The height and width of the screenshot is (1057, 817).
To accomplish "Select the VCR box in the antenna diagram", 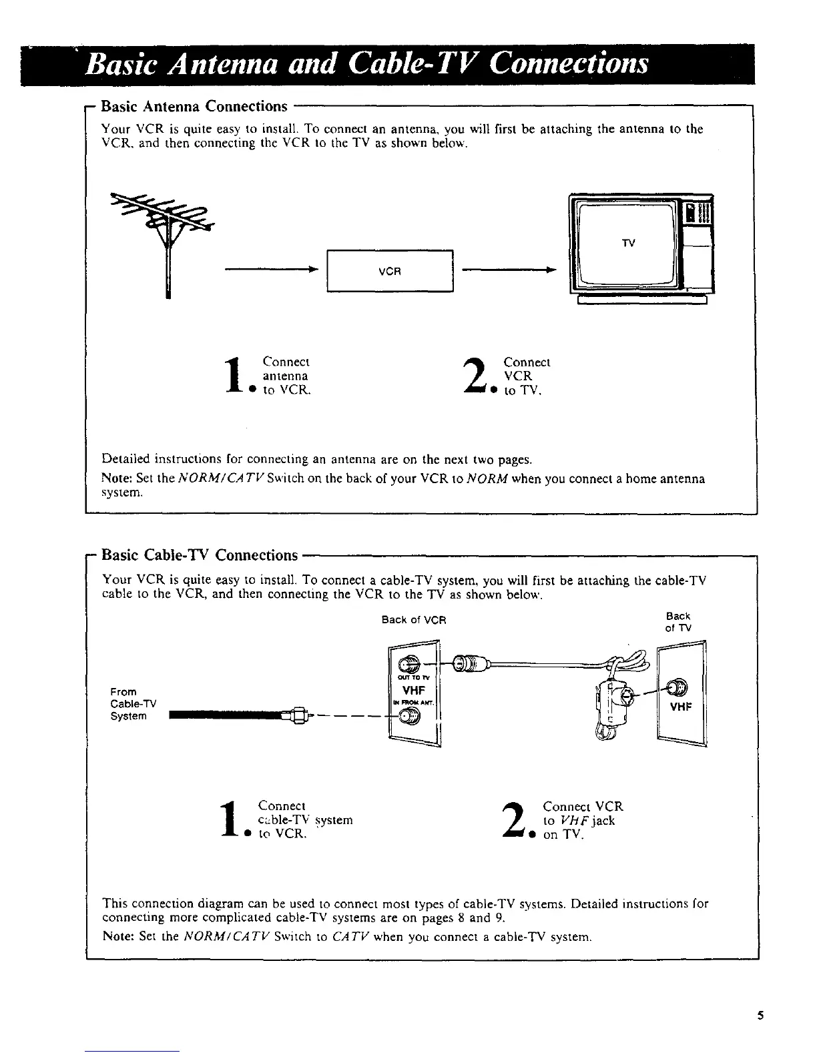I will [x=390, y=270].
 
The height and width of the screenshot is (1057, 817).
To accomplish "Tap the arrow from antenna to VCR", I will [x=270, y=270].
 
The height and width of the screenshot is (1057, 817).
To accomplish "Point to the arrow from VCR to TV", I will [x=509, y=270].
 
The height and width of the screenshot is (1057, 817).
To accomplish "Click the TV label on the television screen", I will [x=628, y=243].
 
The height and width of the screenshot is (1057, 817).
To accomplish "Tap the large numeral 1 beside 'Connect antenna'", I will [x=233, y=377].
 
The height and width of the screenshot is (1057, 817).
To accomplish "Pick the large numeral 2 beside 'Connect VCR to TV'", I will [x=474, y=377].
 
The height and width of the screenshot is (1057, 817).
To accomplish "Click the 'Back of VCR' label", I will [x=414, y=620].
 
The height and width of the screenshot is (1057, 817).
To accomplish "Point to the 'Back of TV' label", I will [x=678, y=622].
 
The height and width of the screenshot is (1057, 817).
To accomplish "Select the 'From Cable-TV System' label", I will [x=129, y=704].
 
